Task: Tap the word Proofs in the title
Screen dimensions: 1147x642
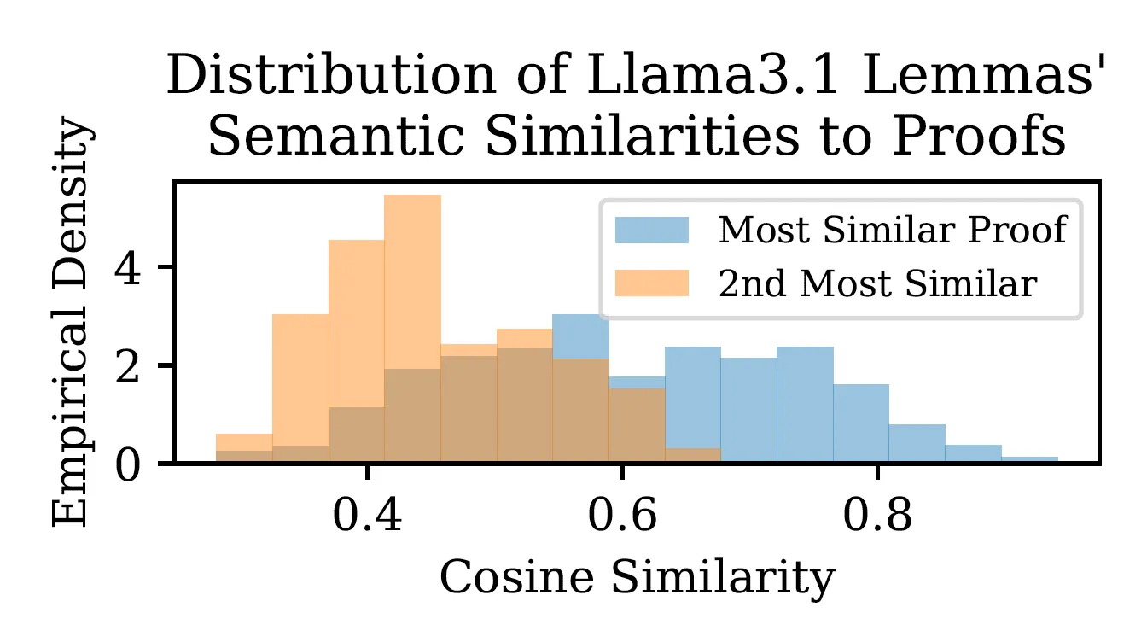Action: click(979, 137)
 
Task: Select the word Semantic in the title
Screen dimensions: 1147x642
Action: click(336, 137)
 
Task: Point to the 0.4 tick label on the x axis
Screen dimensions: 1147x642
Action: click(367, 515)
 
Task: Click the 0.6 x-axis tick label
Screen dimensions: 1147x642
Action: click(622, 515)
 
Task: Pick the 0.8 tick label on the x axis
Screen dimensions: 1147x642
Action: click(877, 515)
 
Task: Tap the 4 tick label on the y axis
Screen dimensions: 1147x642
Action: click(127, 270)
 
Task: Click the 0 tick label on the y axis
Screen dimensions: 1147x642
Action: click(127, 466)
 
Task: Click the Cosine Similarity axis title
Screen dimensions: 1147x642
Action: click(637, 579)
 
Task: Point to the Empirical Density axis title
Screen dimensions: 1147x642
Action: click(72, 321)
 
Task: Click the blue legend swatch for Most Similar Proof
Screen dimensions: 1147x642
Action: click(652, 230)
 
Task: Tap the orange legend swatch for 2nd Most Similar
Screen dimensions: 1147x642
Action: click(652, 283)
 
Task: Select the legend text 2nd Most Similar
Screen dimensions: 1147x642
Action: click(877, 283)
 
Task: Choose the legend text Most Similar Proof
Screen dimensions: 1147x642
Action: click(893, 230)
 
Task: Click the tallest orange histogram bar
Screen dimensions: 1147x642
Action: click(413, 329)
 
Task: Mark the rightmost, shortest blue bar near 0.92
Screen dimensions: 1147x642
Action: click(1030, 459)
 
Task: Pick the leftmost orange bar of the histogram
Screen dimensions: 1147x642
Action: click(244, 448)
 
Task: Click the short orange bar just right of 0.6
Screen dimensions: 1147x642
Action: click(693, 456)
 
